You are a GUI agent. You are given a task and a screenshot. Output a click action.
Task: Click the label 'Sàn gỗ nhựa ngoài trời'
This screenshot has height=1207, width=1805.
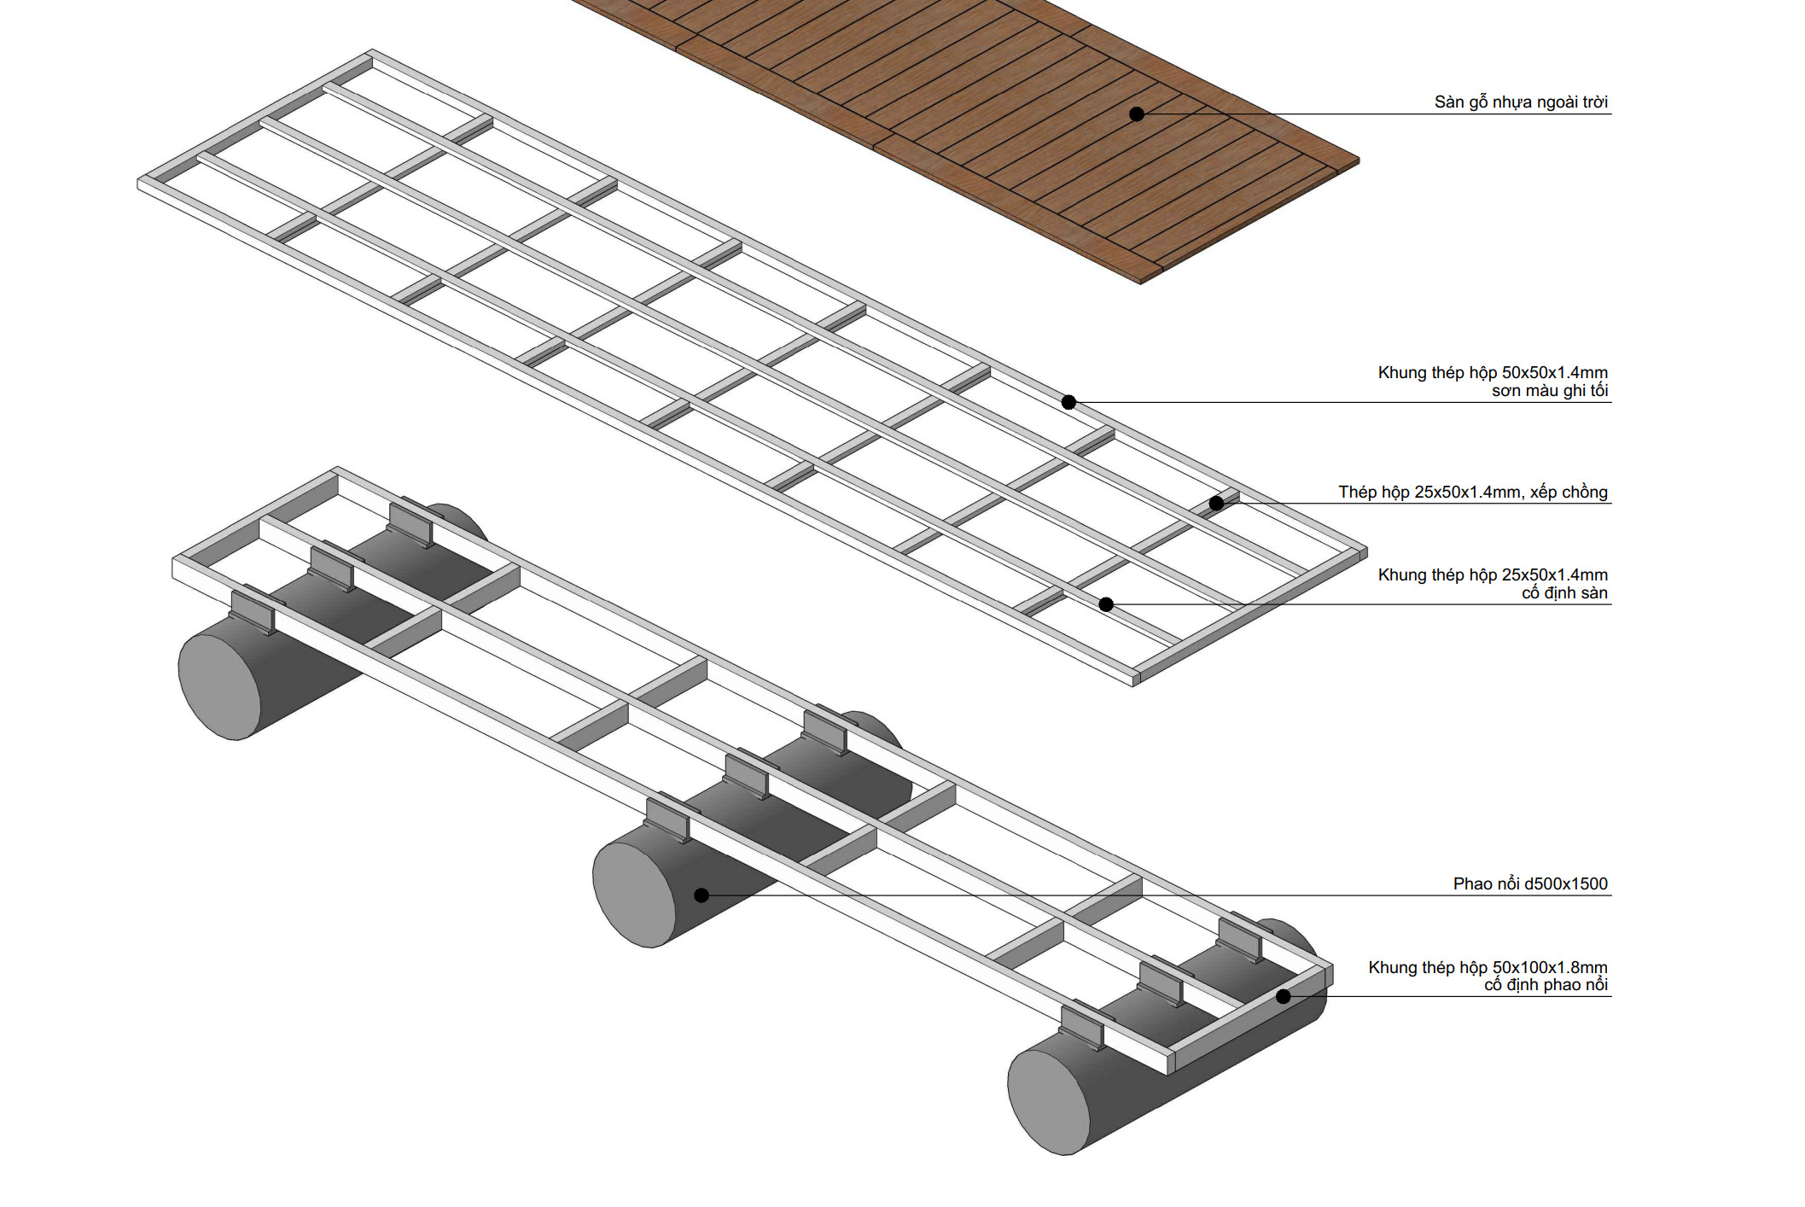1521,102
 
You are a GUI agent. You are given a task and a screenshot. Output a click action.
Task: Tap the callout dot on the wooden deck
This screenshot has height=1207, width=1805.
1137,114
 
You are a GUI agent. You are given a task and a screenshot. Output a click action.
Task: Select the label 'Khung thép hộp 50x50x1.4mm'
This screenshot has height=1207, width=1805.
1493,372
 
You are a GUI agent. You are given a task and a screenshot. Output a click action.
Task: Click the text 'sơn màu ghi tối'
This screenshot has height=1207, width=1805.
1550,391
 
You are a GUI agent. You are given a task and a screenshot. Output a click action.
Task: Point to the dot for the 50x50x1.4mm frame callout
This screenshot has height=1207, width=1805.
1068,402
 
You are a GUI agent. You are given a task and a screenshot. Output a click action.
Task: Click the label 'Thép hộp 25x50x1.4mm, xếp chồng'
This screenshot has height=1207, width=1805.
1473,492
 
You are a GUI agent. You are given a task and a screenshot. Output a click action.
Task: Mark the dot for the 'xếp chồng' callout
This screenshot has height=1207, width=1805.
1217,503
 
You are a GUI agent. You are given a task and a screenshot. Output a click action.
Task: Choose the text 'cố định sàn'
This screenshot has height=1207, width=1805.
1564,593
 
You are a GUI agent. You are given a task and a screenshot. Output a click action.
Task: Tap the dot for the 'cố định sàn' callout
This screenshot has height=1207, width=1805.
1106,604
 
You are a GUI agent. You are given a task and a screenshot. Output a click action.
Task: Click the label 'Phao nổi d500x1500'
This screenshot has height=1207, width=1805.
1530,883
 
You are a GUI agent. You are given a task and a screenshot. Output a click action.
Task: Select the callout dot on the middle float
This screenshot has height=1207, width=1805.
702,895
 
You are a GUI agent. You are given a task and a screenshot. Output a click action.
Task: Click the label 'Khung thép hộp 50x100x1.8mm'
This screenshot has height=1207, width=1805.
1488,967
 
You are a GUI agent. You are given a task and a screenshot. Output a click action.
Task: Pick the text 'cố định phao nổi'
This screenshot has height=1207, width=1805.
1546,985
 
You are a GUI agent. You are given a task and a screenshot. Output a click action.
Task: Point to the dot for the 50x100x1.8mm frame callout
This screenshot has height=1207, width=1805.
1284,996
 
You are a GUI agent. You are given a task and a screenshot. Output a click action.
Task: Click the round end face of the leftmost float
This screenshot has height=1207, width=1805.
219,686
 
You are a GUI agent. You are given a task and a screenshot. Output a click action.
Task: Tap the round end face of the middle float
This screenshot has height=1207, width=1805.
634,894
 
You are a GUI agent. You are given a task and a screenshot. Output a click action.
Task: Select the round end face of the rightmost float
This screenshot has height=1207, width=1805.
1049,1102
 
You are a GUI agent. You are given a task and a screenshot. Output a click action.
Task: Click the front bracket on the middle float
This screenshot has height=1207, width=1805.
667,819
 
